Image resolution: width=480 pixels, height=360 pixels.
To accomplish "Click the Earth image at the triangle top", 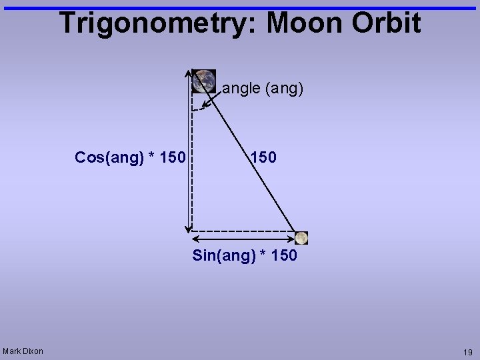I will [204, 81].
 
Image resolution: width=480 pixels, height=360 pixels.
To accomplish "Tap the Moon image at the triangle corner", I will [301, 238].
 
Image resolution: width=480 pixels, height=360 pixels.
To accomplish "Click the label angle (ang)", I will [263, 88].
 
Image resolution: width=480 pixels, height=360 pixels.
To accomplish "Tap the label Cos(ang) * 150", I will [130, 157].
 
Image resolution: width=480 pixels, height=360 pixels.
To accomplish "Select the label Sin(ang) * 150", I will [245, 255].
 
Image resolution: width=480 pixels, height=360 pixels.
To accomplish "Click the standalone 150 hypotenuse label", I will [263, 157].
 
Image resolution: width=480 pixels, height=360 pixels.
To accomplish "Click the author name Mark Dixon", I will [23, 351].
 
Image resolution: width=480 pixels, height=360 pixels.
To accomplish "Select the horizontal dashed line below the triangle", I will [243, 231].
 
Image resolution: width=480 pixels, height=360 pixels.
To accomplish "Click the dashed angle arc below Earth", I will [197, 109].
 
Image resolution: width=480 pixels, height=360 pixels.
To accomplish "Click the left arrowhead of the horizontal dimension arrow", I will [195, 239].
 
